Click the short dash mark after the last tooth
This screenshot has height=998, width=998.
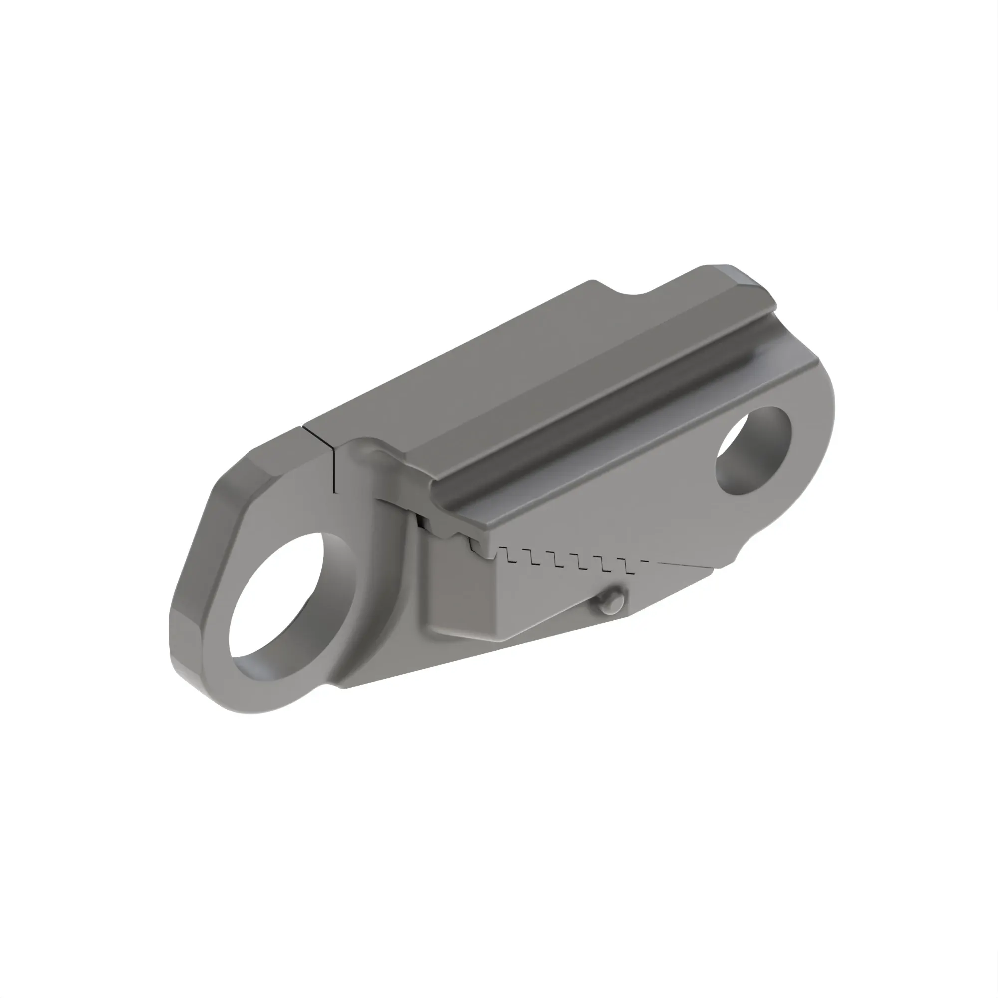pos(644,560)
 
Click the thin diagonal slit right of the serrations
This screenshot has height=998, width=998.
pos(687,564)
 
